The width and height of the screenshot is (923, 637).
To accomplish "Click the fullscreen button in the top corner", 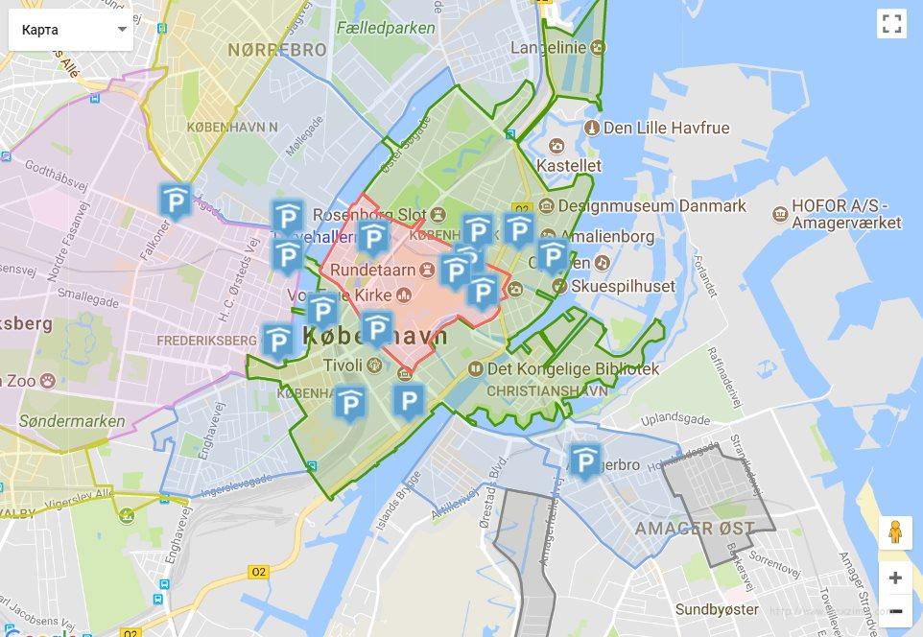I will [x=891, y=24].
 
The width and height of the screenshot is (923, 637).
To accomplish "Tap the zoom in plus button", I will [x=895, y=578].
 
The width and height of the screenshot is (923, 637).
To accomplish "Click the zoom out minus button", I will [x=895, y=611].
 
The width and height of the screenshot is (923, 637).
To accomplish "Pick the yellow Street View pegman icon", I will [x=895, y=532].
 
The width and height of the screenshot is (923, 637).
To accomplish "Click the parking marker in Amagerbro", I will [x=585, y=460].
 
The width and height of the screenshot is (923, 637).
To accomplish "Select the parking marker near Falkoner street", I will [x=176, y=201].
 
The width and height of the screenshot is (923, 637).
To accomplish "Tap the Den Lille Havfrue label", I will [x=666, y=128].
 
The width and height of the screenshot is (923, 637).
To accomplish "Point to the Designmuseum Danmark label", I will [x=651, y=205].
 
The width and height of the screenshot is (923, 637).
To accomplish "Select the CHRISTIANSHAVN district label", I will [x=547, y=391].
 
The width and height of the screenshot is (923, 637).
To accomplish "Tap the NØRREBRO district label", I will [x=277, y=50].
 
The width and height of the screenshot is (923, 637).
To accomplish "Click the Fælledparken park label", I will [x=386, y=28].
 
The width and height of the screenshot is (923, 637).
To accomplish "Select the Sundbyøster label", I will [x=717, y=609].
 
